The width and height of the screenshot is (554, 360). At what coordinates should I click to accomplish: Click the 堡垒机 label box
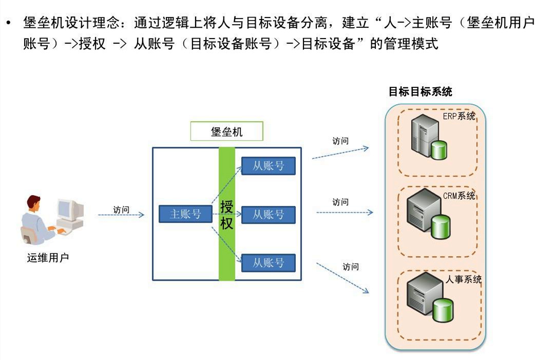(226, 131)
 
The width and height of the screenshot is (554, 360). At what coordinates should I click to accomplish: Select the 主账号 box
(185, 214)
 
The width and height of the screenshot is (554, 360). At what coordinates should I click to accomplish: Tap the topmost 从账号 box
(269, 166)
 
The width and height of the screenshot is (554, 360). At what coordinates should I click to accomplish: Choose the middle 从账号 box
(269, 215)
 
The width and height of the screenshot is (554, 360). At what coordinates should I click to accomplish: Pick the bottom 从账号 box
(269, 263)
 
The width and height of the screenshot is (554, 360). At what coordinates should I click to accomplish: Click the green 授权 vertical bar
(227, 247)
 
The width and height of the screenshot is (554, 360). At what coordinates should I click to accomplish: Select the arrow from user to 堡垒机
(121, 215)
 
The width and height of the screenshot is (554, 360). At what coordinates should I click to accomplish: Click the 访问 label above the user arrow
(121, 210)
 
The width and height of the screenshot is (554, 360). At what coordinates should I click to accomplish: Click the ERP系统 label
(459, 117)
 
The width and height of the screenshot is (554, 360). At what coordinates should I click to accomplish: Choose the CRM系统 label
(459, 196)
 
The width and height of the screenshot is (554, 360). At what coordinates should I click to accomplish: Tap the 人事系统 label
(463, 280)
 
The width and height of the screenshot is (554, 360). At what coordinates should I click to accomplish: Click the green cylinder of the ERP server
(438, 150)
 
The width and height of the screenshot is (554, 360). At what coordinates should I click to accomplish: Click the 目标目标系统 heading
(420, 92)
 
